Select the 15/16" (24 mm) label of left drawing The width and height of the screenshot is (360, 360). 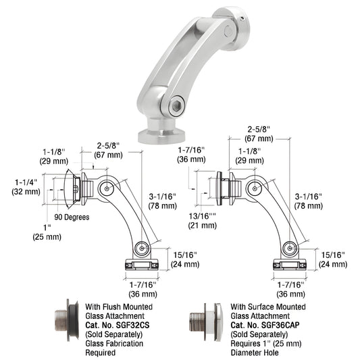click(185, 259)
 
